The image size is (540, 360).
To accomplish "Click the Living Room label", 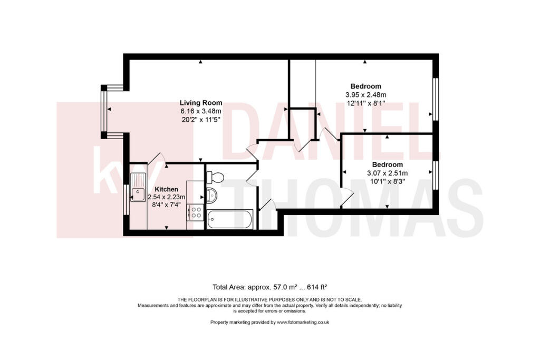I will pyautogui.click(x=201, y=103).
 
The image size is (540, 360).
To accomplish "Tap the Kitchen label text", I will pyautogui.click(x=166, y=189).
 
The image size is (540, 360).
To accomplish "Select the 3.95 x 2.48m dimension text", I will pyautogui.click(x=365, y=95).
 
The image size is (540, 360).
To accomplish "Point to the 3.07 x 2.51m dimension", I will pyautogui.click(x=387, y=173).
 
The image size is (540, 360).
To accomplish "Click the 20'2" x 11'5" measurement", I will pyautogui.click(x=201, y=120).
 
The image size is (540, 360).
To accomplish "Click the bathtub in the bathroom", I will pyautogui.click(x=230, y=219).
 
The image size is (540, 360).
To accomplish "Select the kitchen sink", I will pyautogui.click(x=139, y=193).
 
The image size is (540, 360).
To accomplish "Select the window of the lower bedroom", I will pyautogui.click(x=435, y=175).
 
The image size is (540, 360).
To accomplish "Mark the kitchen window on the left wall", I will pyautogui.click(x=126, y=199).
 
